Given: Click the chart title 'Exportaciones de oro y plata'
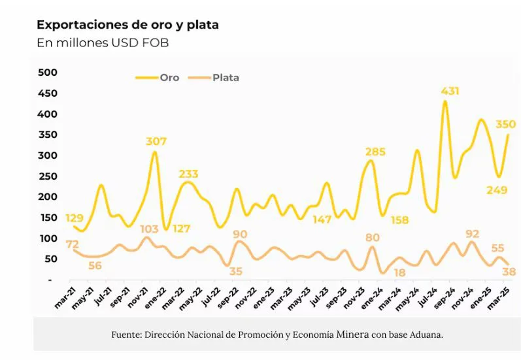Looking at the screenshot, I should point(127,25).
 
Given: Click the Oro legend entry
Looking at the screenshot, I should point(169,77).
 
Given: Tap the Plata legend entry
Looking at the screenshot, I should point(226,77).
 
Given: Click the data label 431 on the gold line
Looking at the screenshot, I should point(450,91).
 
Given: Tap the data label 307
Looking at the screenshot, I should point(156,141).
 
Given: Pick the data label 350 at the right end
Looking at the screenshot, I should point(505,124).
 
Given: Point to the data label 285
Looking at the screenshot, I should point(375,152).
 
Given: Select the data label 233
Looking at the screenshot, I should point(188,174).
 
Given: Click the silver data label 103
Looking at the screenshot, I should point(149,229).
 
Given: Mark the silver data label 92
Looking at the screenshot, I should point(472,233).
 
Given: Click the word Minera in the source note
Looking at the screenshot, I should point(352,335).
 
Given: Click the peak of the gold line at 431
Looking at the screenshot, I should point(445,101).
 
